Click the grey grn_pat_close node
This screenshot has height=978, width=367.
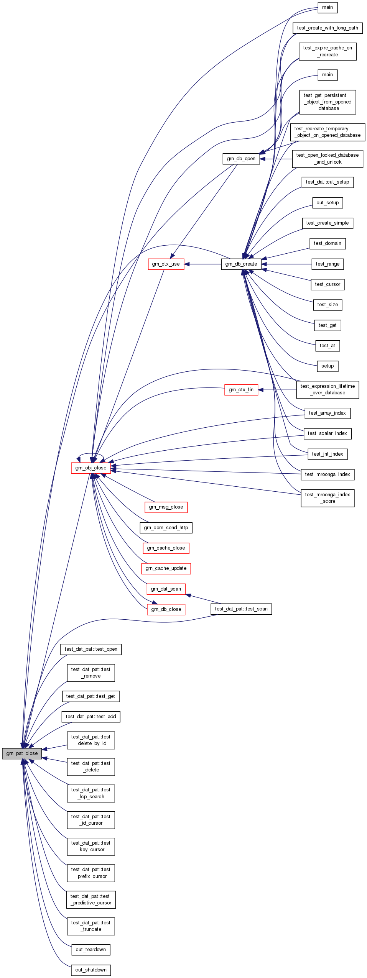22,753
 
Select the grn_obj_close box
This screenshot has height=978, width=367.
91,468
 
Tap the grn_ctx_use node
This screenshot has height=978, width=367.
166,264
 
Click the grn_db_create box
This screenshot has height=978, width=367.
241,264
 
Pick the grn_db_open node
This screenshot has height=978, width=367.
241,159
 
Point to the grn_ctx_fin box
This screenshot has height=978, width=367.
241,390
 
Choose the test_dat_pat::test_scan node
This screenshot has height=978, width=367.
241,609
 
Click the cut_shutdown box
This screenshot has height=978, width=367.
91,970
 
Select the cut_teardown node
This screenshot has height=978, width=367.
91,949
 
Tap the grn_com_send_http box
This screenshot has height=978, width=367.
166,527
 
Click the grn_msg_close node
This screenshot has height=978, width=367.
166,507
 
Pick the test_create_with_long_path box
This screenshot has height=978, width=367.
327,28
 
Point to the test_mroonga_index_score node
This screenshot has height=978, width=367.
327,498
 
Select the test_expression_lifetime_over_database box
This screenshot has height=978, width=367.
327,389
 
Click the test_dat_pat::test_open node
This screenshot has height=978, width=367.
91,649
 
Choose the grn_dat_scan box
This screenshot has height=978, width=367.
166,589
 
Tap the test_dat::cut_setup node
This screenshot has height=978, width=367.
327,182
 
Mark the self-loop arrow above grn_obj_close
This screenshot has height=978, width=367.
91,454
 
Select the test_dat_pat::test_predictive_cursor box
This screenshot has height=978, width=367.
91,899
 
